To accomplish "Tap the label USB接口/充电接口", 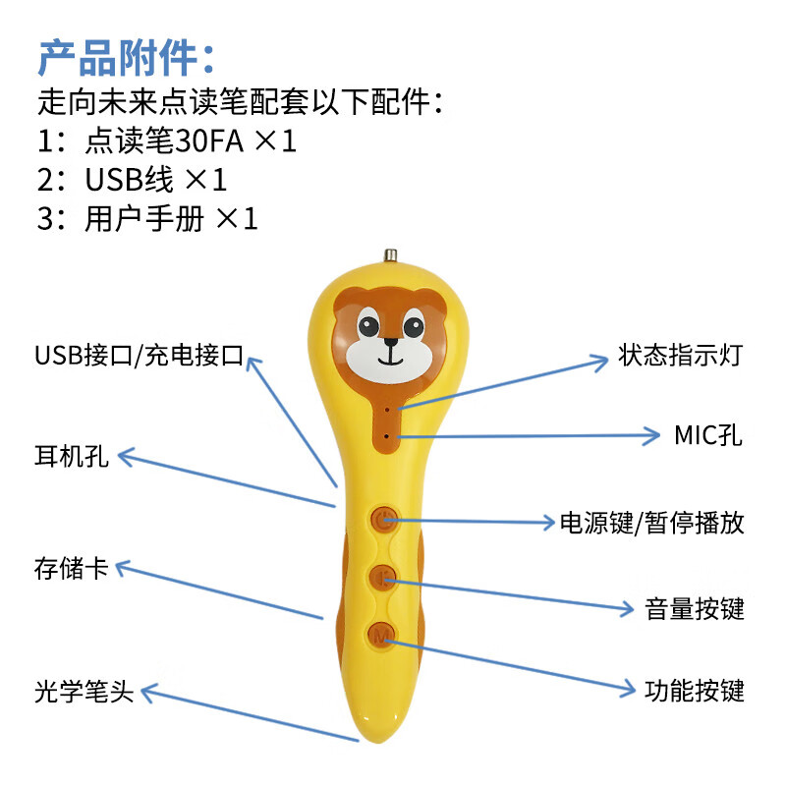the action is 139,355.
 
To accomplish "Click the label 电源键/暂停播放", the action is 651,522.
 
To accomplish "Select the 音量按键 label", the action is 695,609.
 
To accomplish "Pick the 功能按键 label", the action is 695,690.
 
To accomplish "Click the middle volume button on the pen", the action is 382,579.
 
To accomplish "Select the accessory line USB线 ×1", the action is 133,180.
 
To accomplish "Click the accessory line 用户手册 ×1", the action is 147,219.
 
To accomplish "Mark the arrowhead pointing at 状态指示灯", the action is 601,362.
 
